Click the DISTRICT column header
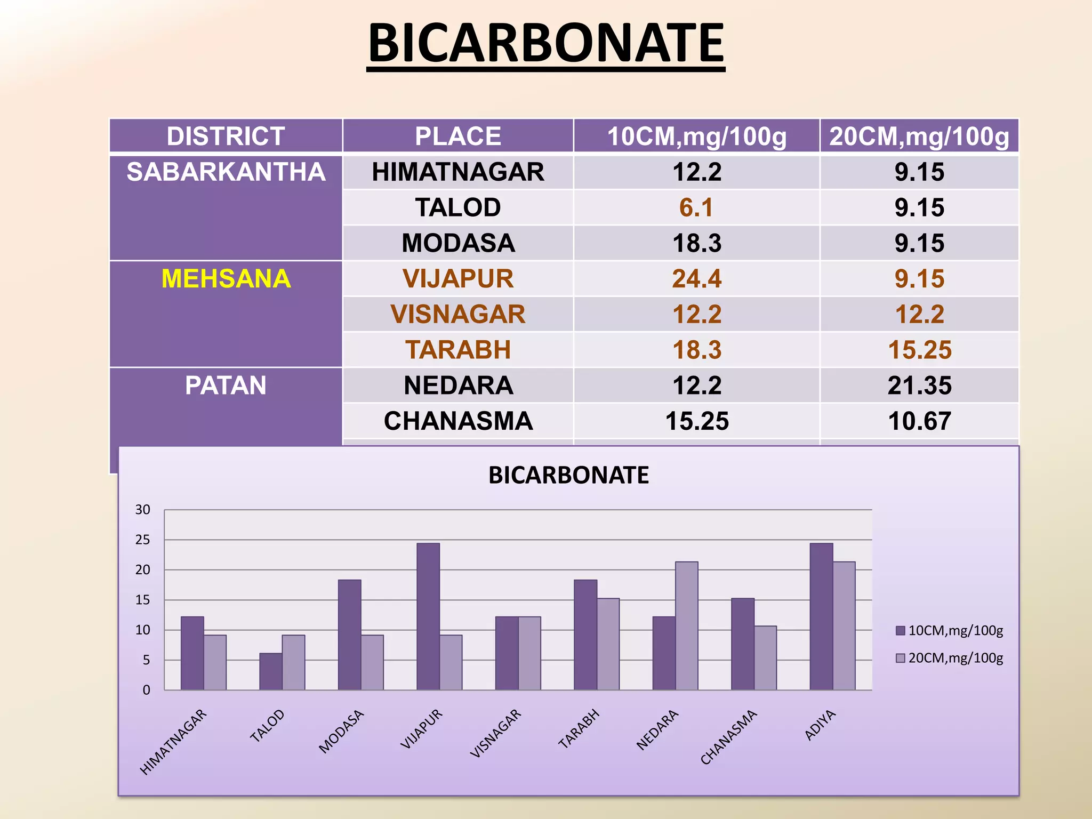(x=226, y=136)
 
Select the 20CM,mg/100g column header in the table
(x=919, y=136)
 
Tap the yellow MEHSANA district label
(x=226, y=279)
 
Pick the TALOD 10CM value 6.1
(x=696, y=207)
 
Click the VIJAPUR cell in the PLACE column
(x=457, y=279)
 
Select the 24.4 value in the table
(x=696, y=279)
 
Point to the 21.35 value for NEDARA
(x=919, y=386)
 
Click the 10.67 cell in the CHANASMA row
(x=919, y=421)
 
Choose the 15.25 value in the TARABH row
(x=919, y=350)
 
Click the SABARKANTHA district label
(x=226, y=172)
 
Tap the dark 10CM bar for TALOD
(x=271, y=671)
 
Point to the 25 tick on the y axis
(x=142, y=540)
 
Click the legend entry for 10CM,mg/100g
(x=949, y=631)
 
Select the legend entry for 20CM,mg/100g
(x=949, y=658)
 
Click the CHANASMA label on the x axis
(x=729, y=737)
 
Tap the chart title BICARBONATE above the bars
(x=568, y=475)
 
